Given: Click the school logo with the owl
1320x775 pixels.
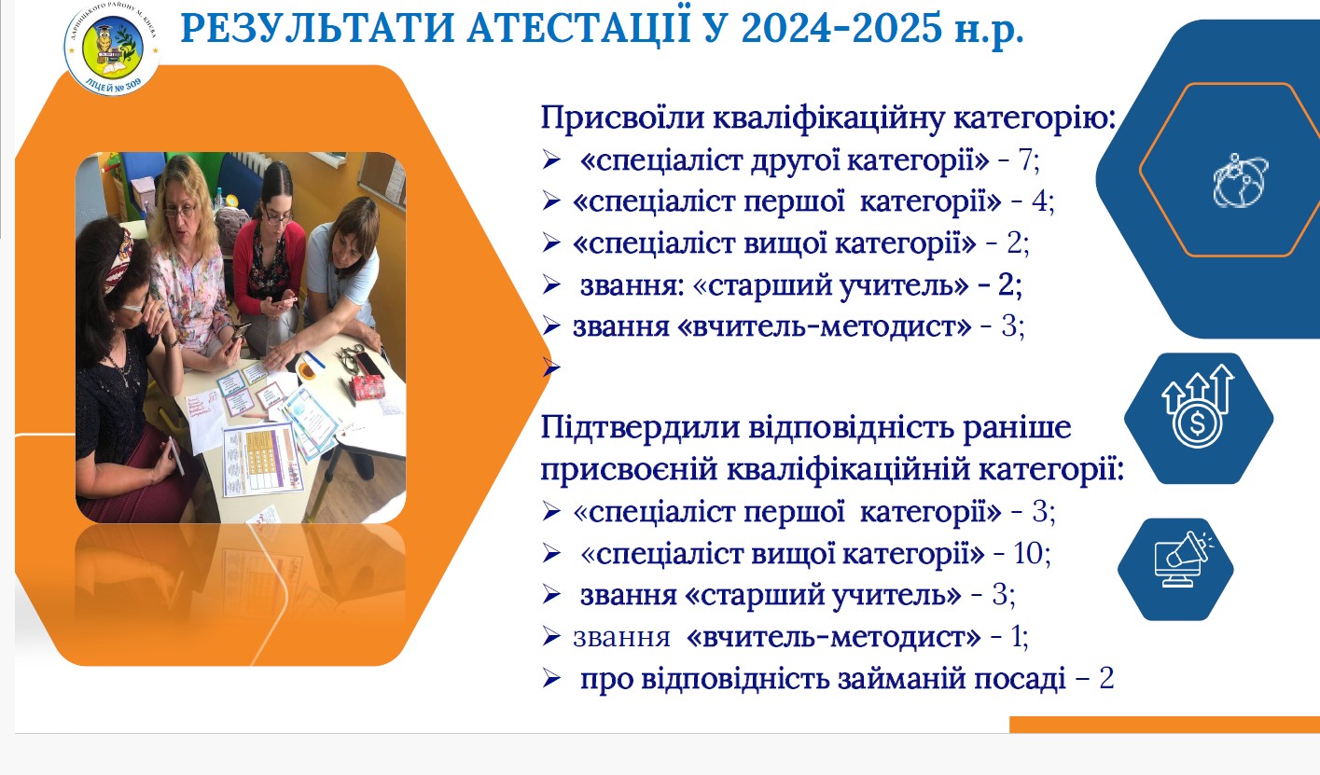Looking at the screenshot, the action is tap(112, 48).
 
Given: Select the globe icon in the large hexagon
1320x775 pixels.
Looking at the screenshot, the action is tap(1240, 180).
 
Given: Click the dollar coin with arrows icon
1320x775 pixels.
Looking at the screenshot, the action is tap(1198, 407).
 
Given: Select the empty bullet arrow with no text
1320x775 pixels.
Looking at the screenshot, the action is tap(551, 368).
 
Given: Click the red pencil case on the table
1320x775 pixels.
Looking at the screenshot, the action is tap(368, 386).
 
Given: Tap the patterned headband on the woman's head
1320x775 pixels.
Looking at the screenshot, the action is tap(118, 259).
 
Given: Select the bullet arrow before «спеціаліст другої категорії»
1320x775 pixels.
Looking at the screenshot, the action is tap(551, 160).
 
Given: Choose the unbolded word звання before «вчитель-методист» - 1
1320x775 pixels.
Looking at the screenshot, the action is tap(621, 638).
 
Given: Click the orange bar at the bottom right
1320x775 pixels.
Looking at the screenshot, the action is tap(1164, 725).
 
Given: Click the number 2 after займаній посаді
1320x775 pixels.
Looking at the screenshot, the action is tap(1106, 678).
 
